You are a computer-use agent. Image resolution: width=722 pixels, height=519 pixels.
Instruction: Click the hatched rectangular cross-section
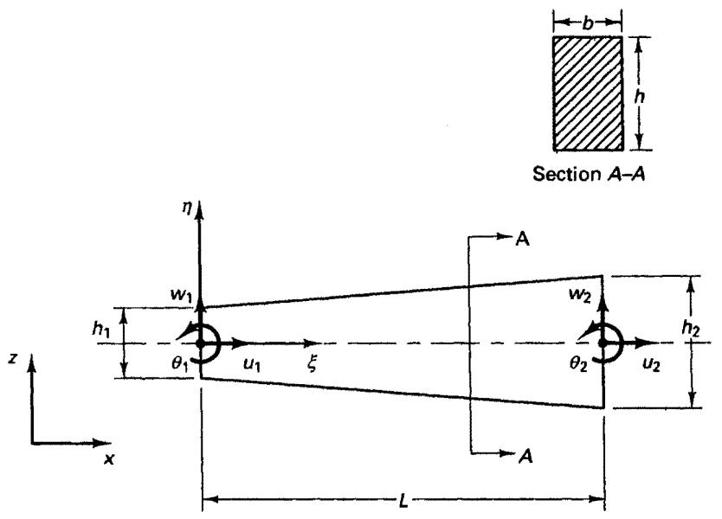point(588,93)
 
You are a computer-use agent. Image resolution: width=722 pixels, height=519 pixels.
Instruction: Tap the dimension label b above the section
point(588,22)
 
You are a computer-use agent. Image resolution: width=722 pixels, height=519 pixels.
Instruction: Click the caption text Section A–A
point(589,174)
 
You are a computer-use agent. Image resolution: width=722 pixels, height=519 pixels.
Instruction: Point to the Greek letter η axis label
point(186,208)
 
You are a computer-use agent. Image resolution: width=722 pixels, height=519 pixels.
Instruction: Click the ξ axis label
point(313,364)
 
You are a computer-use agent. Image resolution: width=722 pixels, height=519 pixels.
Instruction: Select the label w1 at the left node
point(181,294)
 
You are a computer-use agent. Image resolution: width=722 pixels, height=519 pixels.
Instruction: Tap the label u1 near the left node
point(252,364)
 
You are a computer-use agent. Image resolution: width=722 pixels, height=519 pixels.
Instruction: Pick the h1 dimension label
point(101,329)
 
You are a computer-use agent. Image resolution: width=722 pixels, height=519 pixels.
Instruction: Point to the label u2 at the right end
point(652,364)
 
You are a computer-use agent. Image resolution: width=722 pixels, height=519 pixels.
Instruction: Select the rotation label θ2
point(578,364)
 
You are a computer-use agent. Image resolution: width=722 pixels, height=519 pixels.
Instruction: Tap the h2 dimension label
point(691,328)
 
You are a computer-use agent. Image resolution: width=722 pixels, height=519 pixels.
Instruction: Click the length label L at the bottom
point(403,500)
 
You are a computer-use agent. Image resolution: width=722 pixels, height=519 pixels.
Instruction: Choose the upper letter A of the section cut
point(523,240)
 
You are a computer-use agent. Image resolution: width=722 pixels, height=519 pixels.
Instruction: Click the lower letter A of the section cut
point(525,456)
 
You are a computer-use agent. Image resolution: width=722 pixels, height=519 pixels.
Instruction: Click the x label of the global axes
point(109,458)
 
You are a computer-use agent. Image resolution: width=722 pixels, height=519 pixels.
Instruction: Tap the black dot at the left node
point(200,343)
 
